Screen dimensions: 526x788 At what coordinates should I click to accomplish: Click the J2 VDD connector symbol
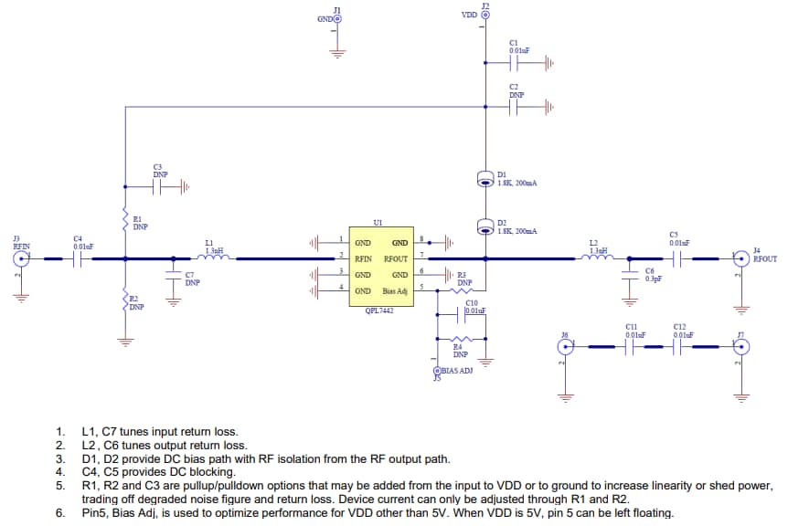pos(485,16)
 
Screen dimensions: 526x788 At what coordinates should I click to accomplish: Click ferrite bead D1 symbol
pos(485,180)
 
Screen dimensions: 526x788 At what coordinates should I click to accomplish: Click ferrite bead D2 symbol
pos(485,226)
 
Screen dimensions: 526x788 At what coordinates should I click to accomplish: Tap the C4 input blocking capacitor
pos(78,258)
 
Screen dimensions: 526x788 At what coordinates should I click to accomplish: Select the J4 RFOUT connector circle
pos(742,258)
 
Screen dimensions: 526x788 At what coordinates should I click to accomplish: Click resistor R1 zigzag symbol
pos(125,219)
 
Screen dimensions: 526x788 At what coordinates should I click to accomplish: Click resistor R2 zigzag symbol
pos(125,300)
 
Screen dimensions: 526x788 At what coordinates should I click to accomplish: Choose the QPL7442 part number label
pos(378,310)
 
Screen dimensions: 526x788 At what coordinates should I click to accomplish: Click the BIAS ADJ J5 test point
pos(437,371)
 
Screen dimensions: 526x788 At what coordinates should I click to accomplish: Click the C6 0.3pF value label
pos(653,279)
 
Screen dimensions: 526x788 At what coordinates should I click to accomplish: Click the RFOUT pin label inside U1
pos(396,258)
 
